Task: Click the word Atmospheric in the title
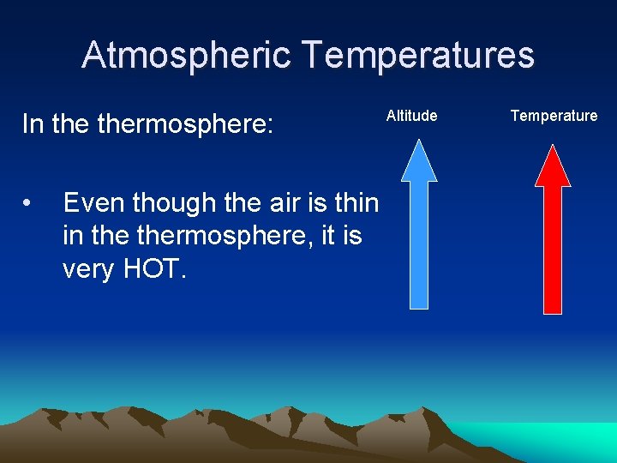pos(187,56)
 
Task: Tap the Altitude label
pos(411,116)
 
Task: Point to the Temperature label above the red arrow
pos(554,116)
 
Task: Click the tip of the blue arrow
pos(419,144)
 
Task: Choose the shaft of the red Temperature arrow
pos(553,249)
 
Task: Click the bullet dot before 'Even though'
pos(29,204)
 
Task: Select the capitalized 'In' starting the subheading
pos(33,125)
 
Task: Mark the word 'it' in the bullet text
pos(329,236)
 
